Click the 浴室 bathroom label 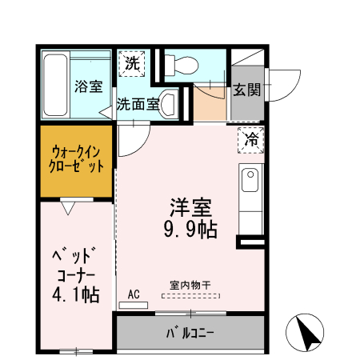click(89, 86)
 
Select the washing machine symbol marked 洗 click(133, 65)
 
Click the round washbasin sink click(170, 103)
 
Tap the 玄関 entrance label click(247, 90)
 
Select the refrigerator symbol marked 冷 click(251, 140)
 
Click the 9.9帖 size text click(190, 229)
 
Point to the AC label click(134, 294)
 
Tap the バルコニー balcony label click(190, 332)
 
